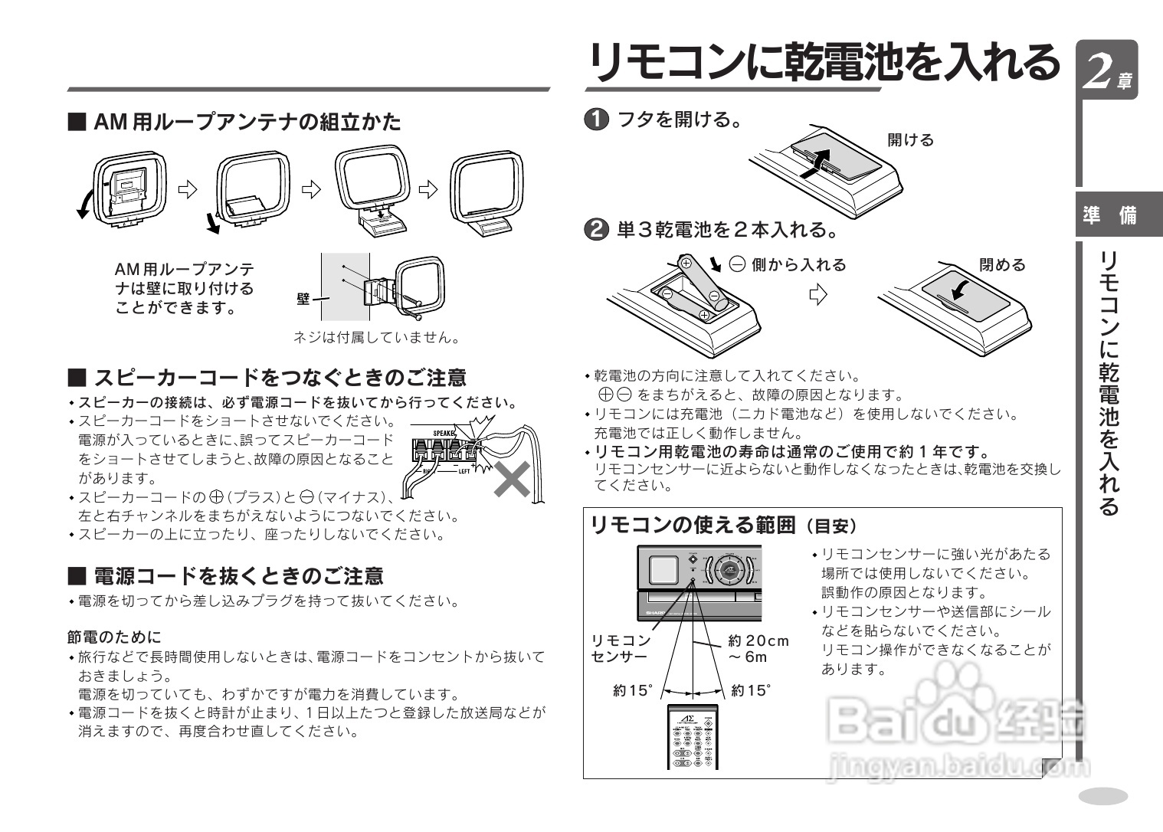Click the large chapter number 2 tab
click(1106, 70)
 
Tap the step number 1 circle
click(596, 120)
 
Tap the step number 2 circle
click(596, 230)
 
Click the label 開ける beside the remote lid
click(910, 140)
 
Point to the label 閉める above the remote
click(1002, 265)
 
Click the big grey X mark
click(513, 478)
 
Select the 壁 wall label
click(303, 299)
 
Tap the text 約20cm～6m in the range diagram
click(757, 649)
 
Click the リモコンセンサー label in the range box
click(620, 649)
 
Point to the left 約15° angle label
click(632, 691)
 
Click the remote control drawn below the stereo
click(693, 737)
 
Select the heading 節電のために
click(114, 637)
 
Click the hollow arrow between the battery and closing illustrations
click(819, 295)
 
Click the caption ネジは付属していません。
click(378, 337)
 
